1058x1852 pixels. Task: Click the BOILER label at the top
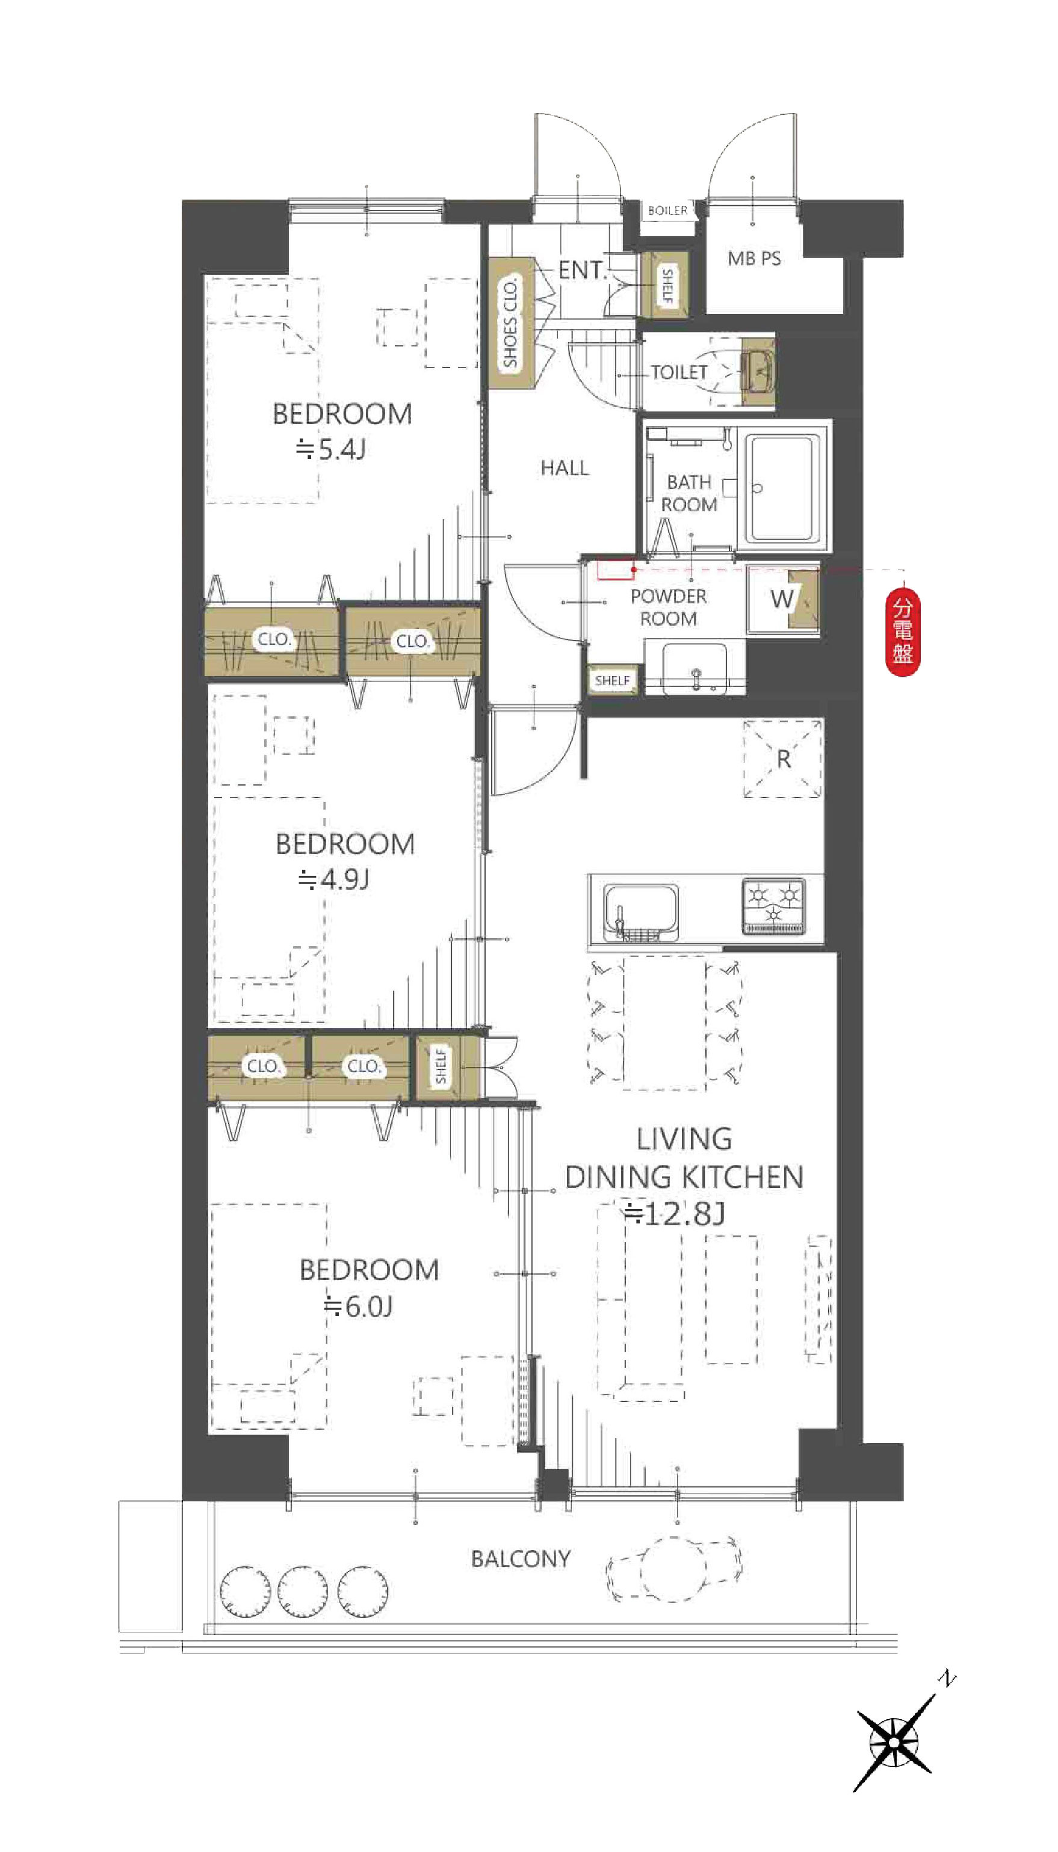tap(667, 211)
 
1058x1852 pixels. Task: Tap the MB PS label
tap(754, 259)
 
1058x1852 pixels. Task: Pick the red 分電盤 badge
tap(903, 632)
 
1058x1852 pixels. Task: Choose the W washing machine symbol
tap(782, 599)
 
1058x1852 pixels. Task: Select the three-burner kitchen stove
tap(774, 906)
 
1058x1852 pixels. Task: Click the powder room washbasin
tap(695, 666)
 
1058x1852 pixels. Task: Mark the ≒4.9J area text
tap(333, 880)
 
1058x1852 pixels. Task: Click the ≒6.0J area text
tap(358, 1307)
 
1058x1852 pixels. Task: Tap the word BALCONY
tap(521, 1559)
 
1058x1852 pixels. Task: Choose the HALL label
tap(565, 469)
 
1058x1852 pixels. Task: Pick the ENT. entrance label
tap(582, 270)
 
